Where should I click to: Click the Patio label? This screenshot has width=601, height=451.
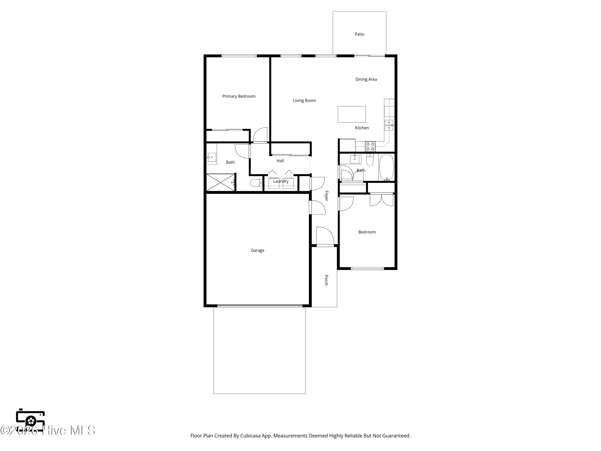tap(359, 34)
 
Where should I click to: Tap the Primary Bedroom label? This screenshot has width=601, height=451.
tap(239, 96)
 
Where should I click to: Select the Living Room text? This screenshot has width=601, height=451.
tap(304, 101)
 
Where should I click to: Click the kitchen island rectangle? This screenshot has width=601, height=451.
tap(351, 114)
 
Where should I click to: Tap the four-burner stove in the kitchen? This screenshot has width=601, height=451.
tap(370, 147)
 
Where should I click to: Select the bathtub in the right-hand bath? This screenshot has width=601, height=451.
tap(386, 167)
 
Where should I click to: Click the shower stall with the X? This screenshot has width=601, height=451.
tap(220, 182)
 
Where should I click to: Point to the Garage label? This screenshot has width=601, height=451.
tap(257, 250)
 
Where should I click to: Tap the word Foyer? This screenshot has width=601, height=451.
tap(326, 196)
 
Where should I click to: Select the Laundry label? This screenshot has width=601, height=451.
tap(281, 181)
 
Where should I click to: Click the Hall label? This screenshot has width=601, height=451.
tap(280, 161)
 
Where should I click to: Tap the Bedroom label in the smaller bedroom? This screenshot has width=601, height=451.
tap(367, 232)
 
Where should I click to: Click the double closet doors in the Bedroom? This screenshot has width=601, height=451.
tap(381, 200)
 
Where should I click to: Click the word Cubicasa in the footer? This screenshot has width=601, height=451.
tap(250, 436)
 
